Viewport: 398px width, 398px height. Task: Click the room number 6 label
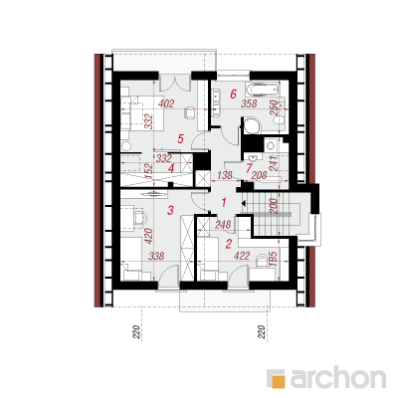[x=233, y=95]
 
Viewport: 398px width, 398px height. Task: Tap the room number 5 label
[x=180, y=138]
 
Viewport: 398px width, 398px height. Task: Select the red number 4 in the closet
[x=171, y=168]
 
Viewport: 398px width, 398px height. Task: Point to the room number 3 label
[x=170, y=210]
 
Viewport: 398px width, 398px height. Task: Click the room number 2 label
[x=228, y=244]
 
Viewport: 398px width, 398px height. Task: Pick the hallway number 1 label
[x=224, y=202]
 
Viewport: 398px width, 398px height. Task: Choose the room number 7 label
[x=249, y=168]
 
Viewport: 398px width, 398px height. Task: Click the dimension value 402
[x=166, y=103]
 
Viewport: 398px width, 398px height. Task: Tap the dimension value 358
[x=249, y=103]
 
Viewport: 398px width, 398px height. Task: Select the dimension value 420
[x=149, y=236]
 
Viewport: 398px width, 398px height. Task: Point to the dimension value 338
[x=156, y=256]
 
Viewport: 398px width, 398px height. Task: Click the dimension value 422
[x=242, y=256]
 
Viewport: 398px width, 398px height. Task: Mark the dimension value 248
[x=223, y=225]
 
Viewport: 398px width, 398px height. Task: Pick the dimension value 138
[x=224, y=175]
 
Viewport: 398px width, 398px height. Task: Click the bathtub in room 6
[x=262, y=88]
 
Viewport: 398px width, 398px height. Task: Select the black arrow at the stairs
[x=244, y=203]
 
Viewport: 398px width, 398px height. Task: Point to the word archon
[x=338, y=376]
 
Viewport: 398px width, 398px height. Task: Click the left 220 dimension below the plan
[x=136, y=332]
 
